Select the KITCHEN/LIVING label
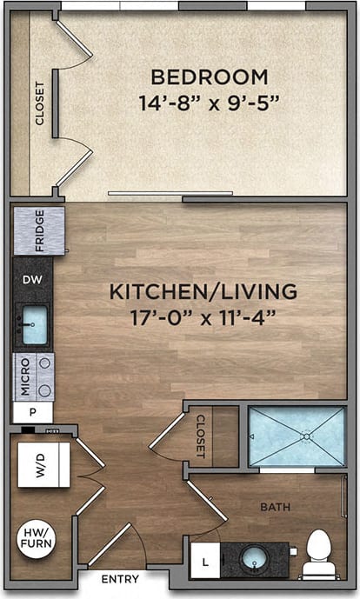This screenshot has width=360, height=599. (203, 291)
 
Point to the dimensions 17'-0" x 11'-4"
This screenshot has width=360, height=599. (203, 316)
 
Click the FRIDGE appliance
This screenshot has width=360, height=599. (39, 230)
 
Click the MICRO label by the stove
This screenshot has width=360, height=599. (25, 376)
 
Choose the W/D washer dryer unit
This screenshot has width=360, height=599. (43, 465)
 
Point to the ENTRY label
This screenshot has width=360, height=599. (120, 579)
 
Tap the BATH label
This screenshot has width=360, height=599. (277, 507)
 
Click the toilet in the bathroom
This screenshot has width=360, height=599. (318, 554)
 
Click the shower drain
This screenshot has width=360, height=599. (306, 436)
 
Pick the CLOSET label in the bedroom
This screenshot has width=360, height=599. (40, 103)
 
